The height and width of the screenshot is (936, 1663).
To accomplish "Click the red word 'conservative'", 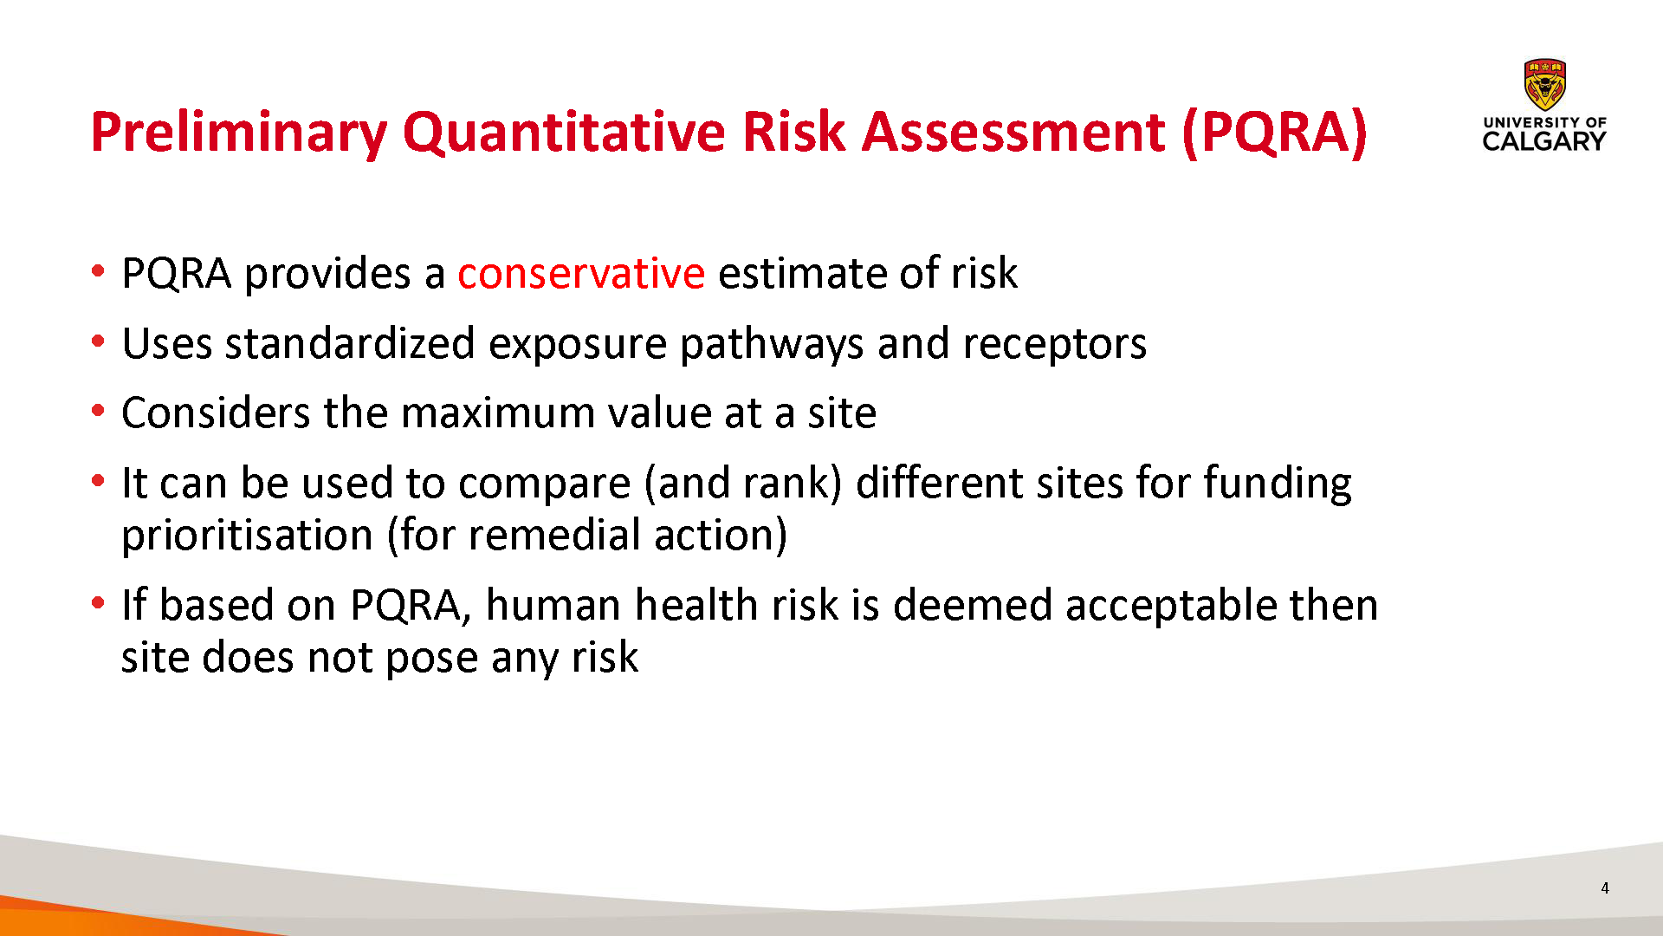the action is (581, 274).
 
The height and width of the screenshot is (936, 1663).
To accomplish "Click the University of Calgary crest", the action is (1545, 85).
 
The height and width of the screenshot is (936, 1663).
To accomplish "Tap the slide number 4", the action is (1605, 888).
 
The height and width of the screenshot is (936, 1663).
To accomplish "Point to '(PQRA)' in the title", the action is (1274, 133).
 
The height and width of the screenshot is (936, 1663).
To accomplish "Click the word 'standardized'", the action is (350, 343).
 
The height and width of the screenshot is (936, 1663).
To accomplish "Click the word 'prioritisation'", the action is (247, 536).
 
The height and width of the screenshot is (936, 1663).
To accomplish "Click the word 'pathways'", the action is (772, 345).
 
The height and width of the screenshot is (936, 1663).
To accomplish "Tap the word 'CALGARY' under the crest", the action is (1544, 141).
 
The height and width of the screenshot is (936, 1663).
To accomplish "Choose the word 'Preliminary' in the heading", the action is (238, 133).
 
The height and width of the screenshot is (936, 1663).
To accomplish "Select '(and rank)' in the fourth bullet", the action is (743, 484).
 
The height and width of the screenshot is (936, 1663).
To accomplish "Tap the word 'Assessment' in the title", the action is (1013, 132).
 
